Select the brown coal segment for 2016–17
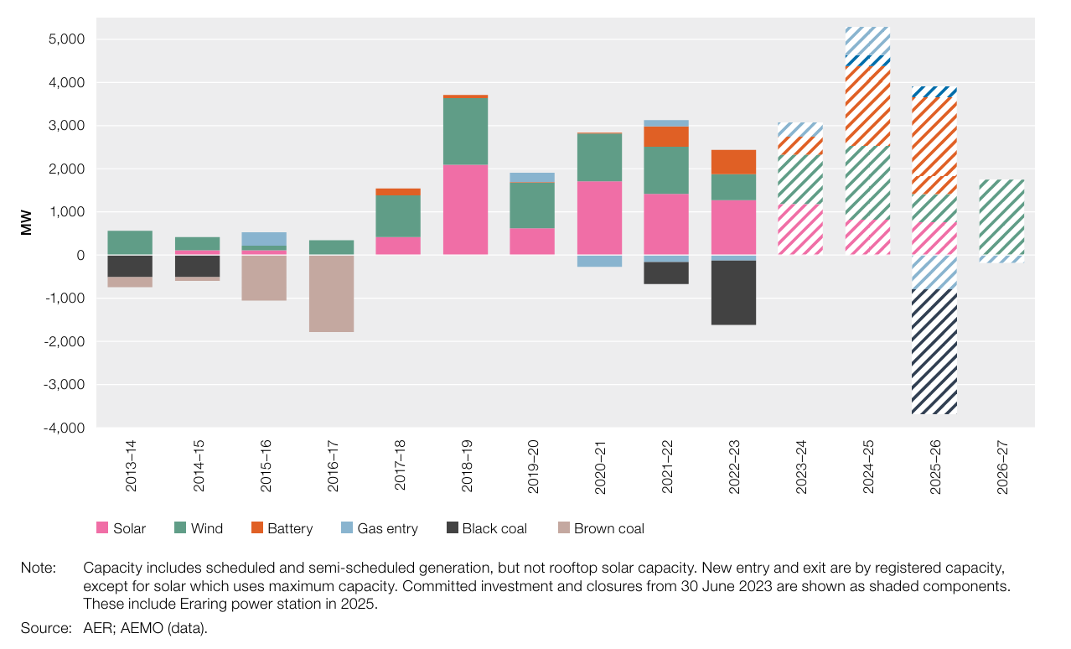click(331, 293)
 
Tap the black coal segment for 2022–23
click(733, 293)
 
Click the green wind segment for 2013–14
click(130, 242)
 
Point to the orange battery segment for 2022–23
click(733, 162)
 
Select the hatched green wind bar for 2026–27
click(1001, 217)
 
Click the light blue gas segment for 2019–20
click(532, 178)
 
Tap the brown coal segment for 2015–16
click(264, 278)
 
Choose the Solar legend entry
click(121, 528)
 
